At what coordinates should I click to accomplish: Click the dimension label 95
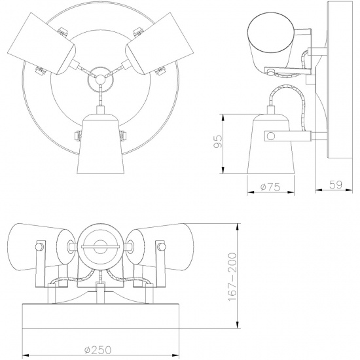pos(218,141)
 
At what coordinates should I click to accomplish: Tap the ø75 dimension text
pos(270,187)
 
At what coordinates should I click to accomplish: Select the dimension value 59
pos(336,185)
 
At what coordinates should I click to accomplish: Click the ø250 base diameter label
pos(98,350)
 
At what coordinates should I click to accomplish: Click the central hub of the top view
pos(100,79)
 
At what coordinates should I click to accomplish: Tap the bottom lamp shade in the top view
pos(100,143)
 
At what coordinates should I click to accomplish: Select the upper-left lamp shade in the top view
pos(41,44)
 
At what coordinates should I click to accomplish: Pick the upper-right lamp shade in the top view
pos(159,44)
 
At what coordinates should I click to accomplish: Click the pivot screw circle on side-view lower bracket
pos(271,136)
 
